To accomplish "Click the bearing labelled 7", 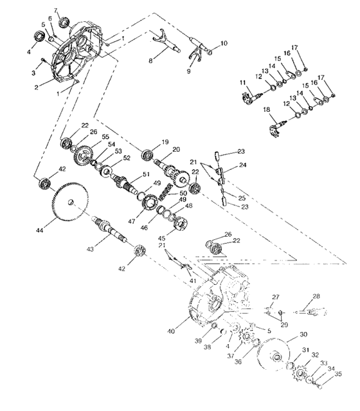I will click(65, 24).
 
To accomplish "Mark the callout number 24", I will click(241, 165).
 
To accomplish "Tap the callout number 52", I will click(127, 158).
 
